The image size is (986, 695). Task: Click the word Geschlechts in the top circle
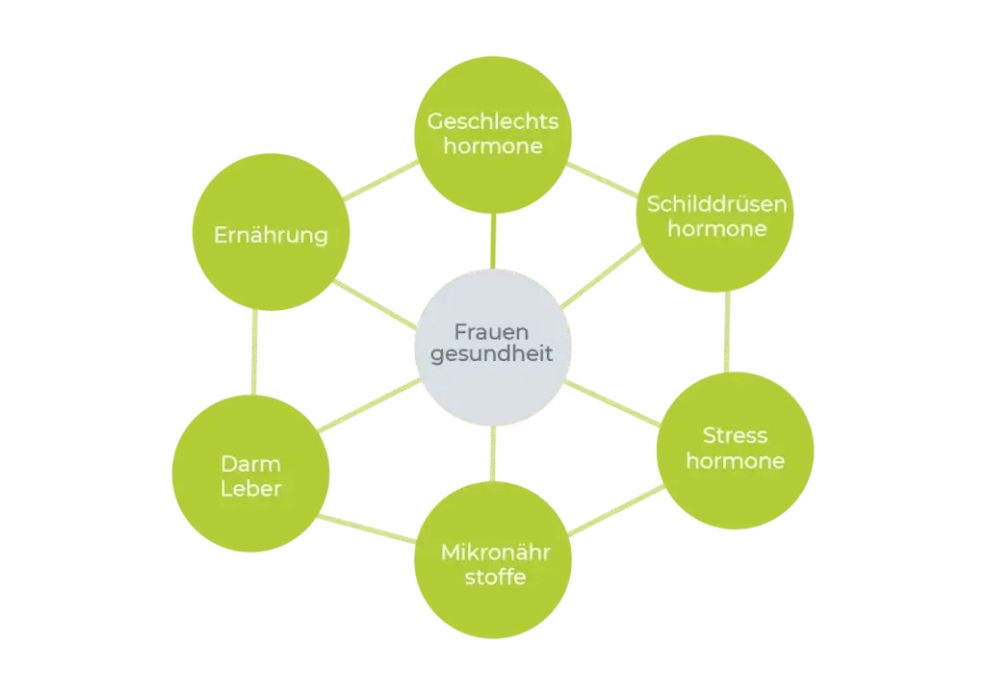point(492,120)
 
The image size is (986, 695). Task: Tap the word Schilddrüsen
point(716,204)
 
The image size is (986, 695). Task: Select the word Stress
point(735,435)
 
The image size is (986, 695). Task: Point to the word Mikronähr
point(496,552)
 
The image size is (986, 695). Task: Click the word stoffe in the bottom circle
point(496,577)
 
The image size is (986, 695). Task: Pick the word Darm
point(250,464)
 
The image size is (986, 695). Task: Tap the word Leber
point(250,488)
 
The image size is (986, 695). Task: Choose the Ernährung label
point(271,235)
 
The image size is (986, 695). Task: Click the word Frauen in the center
point(491,331)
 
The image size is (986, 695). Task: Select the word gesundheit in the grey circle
point(491,354)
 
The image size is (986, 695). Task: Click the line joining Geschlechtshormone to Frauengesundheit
point(493,242)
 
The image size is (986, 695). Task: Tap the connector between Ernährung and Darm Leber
point(254,352)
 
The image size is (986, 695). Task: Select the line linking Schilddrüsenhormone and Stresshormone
point(727,332)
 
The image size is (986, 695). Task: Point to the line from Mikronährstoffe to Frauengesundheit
point(493,453)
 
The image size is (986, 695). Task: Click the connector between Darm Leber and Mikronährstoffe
point(367,528)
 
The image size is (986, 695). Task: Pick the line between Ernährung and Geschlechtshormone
point(381,180)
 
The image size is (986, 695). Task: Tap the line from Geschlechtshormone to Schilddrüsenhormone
point(603,180)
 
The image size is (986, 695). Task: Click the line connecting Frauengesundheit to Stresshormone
point(612,403)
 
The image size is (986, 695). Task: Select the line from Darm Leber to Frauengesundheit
point(369,405)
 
